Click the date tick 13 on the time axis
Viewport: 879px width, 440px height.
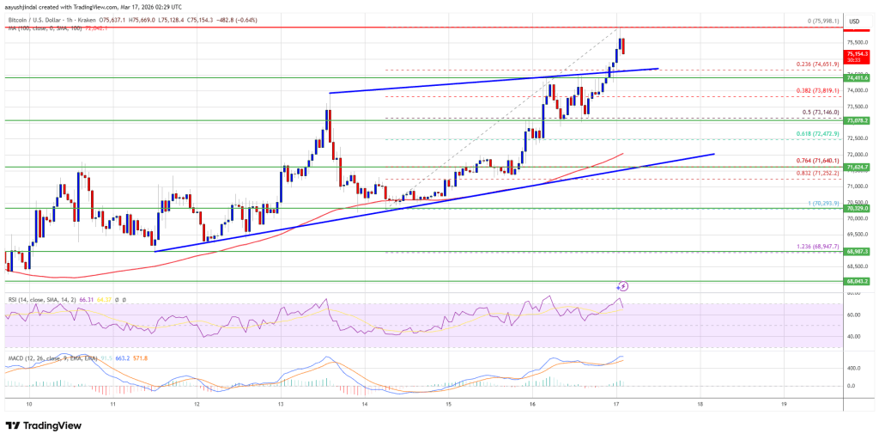[x=281, y=403]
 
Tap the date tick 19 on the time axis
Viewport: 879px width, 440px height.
[x=785, y=403]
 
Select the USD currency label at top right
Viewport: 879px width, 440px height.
[x=854, y=21]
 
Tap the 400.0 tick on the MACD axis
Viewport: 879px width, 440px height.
[x=854, y=368]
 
